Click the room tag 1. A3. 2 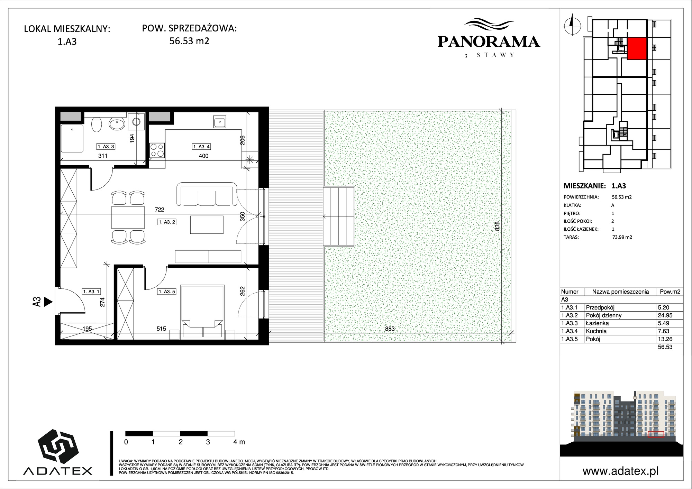point(167,222)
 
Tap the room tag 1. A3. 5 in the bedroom point(167,292)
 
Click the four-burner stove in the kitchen point(157,150)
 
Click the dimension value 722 point(159,210)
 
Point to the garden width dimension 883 point(390,329)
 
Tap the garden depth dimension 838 point(497,226)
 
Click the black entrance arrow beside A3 point(48,302)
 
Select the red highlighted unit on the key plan point(637,48)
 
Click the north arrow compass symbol point(572,25)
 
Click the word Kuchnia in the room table point(596,331)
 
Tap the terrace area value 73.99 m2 point(622,237)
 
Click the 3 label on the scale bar point(208,442)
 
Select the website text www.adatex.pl point(620,471)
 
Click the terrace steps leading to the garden point(339,216)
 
